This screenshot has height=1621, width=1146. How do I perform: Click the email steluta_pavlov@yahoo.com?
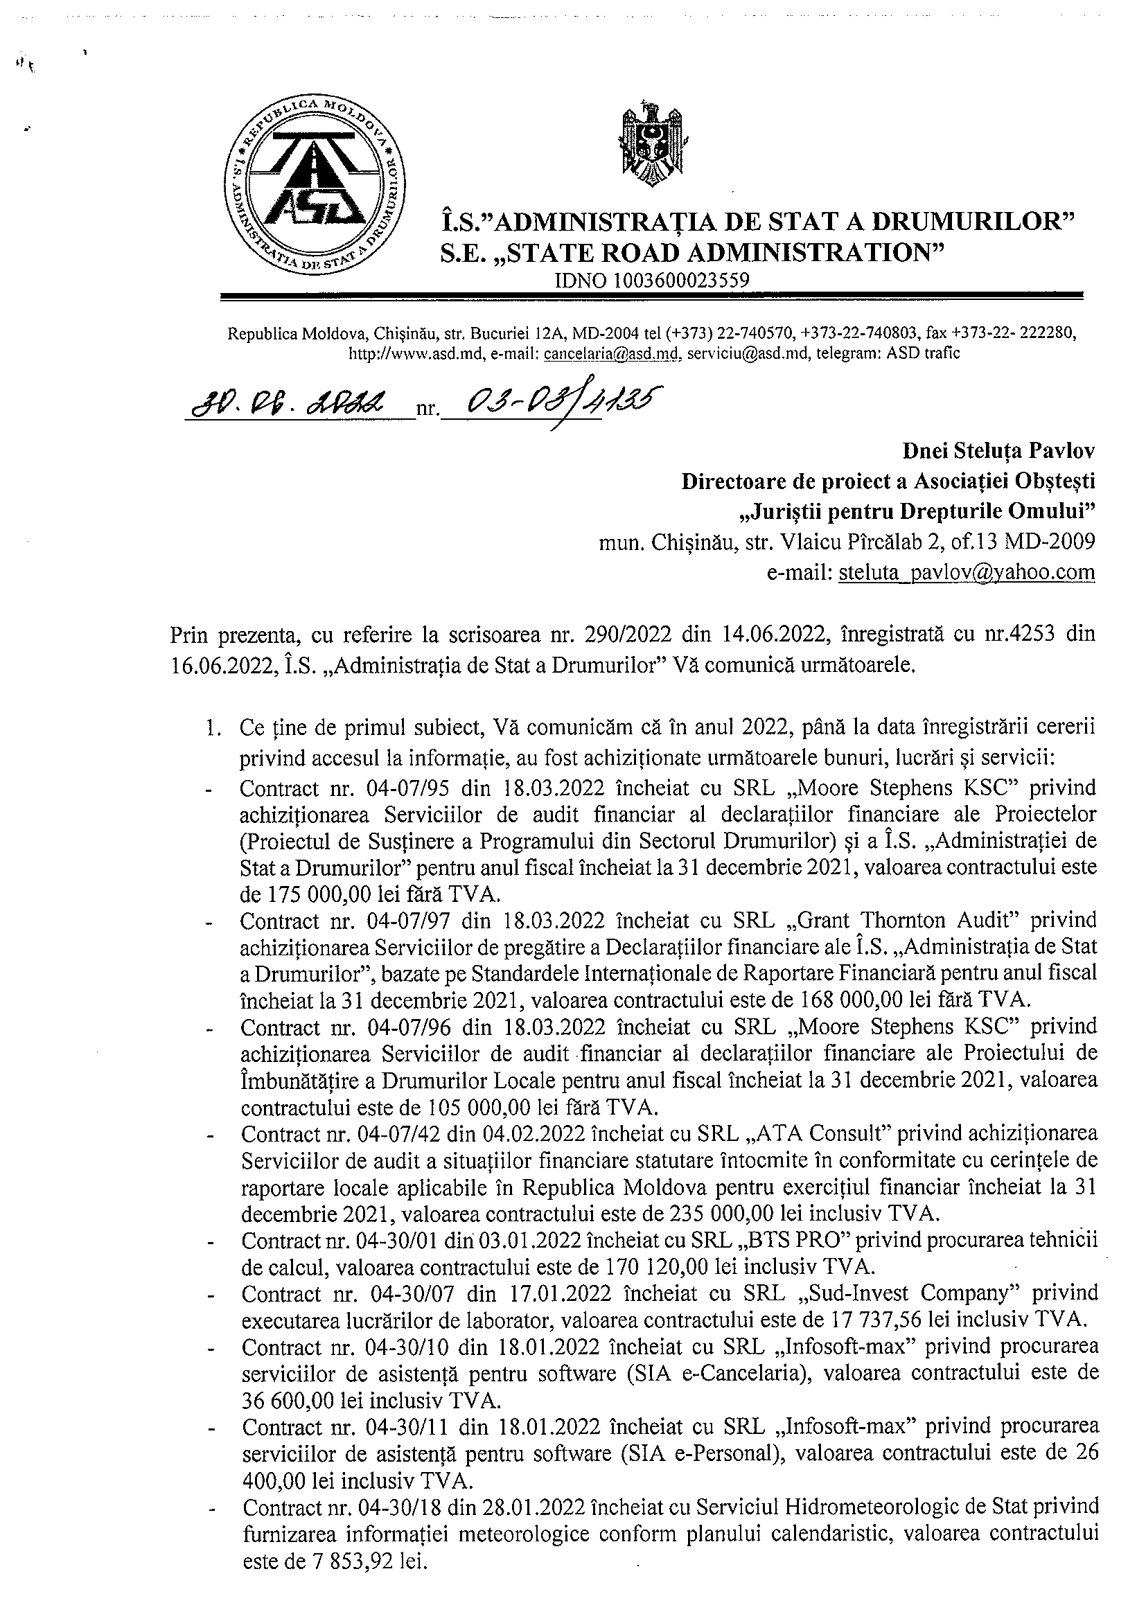967,572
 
